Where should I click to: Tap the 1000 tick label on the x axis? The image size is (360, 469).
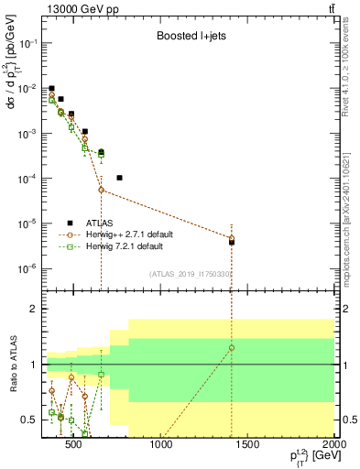tap(161, 446)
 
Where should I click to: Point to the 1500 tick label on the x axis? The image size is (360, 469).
tap(248, 446)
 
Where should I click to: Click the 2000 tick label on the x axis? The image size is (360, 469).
tap(335, 446)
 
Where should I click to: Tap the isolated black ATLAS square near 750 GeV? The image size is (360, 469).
tap(120, 178)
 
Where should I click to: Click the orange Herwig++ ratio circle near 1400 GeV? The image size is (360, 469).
tap(232, 348)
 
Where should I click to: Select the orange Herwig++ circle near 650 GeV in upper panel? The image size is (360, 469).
tap(102, 190)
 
